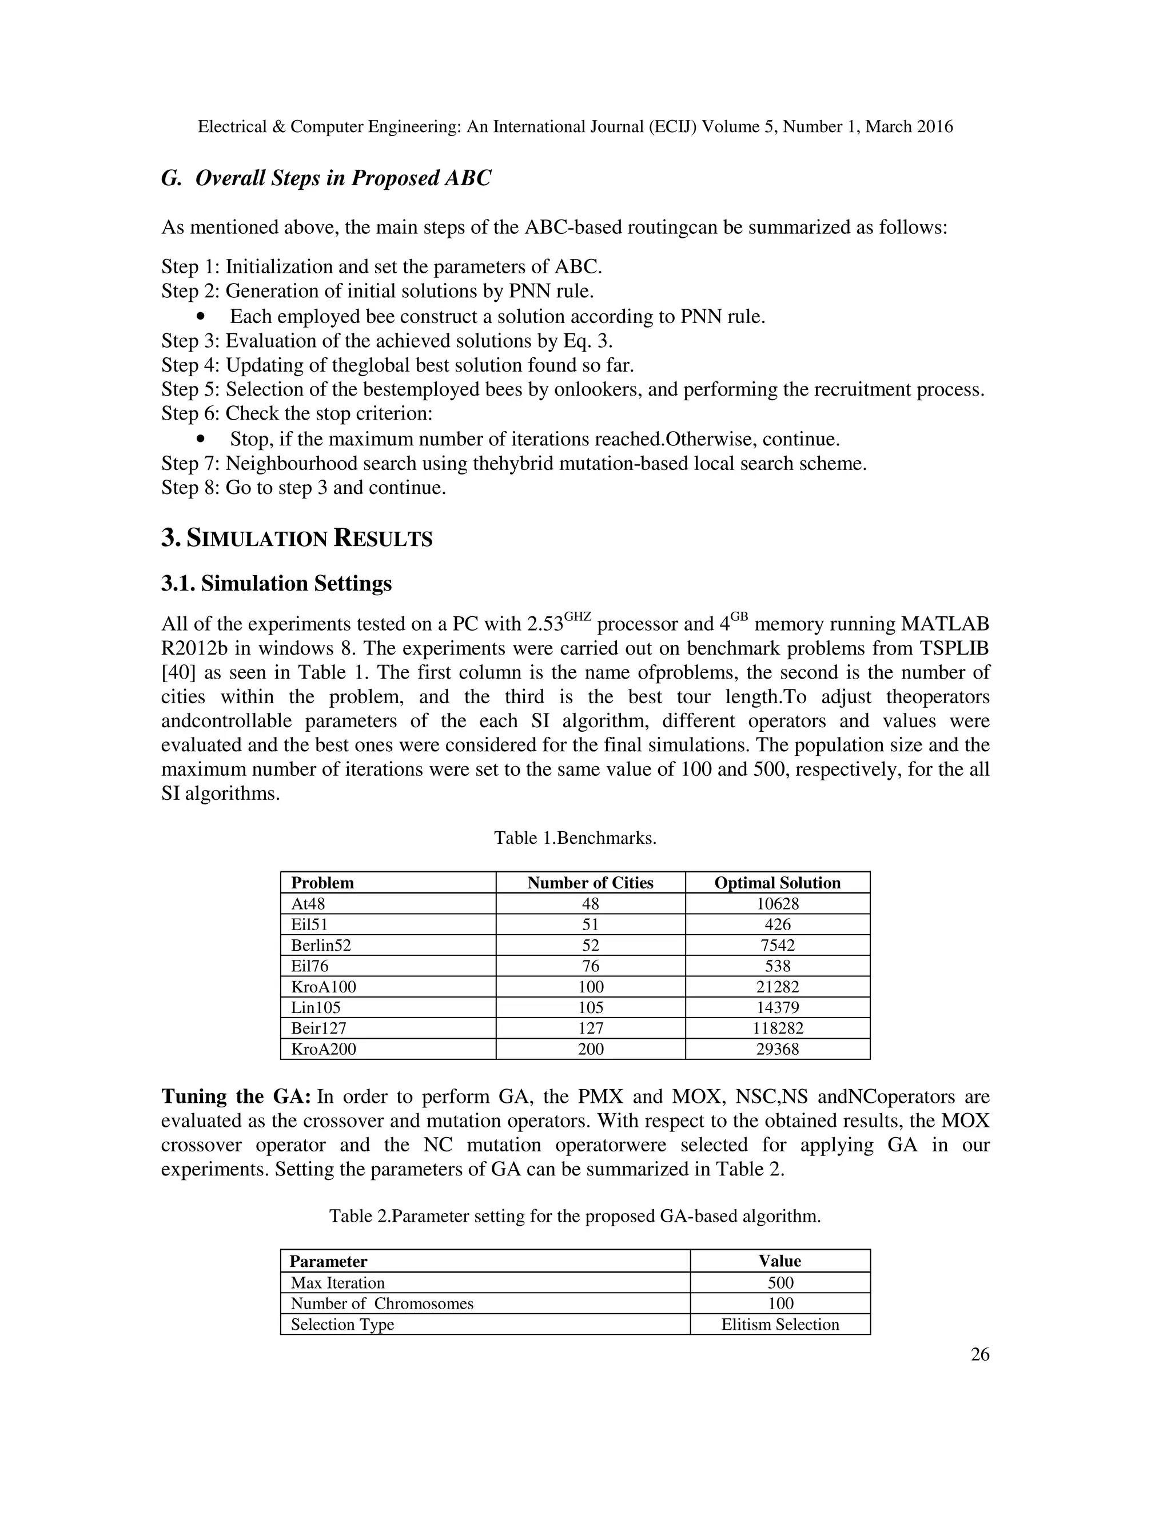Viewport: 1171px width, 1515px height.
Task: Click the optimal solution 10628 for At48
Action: coord(777,903)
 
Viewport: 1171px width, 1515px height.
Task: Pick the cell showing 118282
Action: coord(777,1028)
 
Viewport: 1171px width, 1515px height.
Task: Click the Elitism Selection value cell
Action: coord(780,1324)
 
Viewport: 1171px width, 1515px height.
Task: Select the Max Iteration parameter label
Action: coord(337,1283)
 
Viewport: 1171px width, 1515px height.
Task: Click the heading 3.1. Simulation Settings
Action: coord(276,583)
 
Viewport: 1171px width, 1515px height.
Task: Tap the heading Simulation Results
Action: coord(297,539)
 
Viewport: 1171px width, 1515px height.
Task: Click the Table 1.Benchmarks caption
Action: coord(575,838)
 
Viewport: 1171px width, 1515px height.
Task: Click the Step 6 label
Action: coord(191,413)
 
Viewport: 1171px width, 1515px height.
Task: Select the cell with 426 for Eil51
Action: coord(777,924)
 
